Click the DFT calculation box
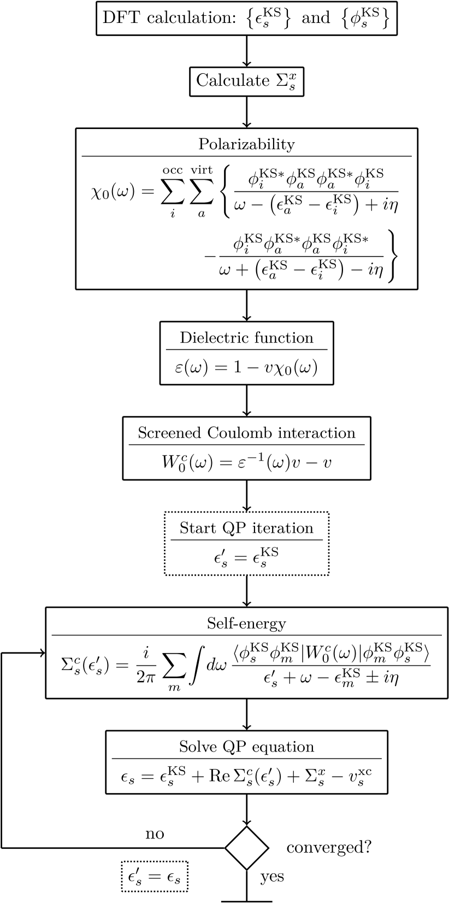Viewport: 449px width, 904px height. pyautogui.click(x=246, y=19)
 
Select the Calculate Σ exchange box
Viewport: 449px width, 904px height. pyautogui.click(x=246, y=81)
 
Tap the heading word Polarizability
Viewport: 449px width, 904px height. pyautogui.click(x=246, y=144)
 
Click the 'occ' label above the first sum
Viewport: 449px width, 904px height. pyautogui.click(x=173, y=170)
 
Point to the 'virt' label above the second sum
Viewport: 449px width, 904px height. pyautogui.click(x=202, y=170)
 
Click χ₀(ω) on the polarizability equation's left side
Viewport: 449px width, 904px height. pyautogui.click(x=113, y=192)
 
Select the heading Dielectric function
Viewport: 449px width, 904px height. pyautogui.click(x=246, y=338)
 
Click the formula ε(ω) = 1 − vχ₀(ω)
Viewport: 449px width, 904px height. pyautogui.click(x=246, y=367)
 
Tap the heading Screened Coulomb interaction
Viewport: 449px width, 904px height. pyautogui.click(x=246, y=433)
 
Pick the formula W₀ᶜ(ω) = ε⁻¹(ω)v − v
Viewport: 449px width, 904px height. pyautogui.click(x=246, y=462)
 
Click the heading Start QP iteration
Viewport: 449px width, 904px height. pyautogui.click(x=246, y=528)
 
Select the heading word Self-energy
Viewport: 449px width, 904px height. pyautogui.click(x=246, y=623)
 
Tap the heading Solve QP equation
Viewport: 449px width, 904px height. pyautogui.click(x=246, y=747)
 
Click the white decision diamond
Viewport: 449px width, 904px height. pyautogui.click(x=247, y=848)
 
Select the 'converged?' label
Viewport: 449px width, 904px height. pyautogui.click(x=329, y=848)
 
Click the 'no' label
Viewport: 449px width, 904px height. pyautogui.click(x=155, y=834)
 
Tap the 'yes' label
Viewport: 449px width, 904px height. pyautogui.click(x=272, y=877)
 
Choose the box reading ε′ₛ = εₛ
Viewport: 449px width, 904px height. pyautogui.click(x=155, y=877)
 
